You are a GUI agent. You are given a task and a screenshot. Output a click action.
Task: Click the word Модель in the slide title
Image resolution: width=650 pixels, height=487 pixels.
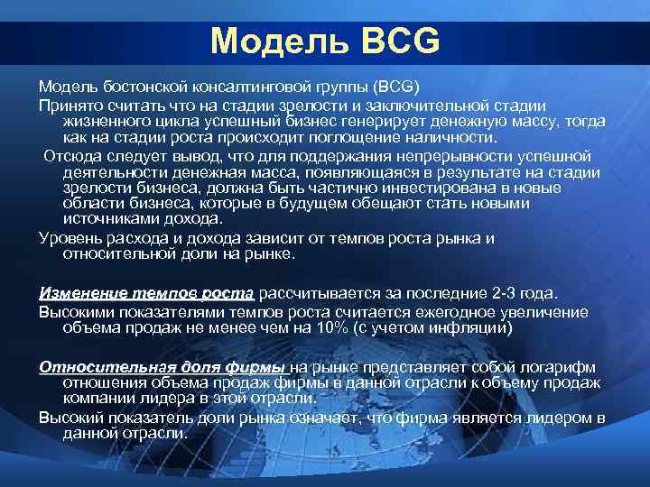279,41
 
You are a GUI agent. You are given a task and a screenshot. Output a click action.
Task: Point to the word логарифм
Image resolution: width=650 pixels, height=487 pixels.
562,367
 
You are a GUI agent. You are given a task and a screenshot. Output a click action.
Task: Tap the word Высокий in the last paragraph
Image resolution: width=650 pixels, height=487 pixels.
71,417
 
